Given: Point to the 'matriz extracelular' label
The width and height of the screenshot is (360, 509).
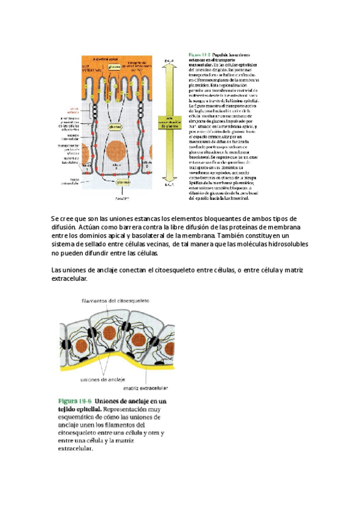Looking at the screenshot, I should pos(148,388).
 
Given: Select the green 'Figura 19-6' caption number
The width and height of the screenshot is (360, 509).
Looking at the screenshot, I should pos(74,401).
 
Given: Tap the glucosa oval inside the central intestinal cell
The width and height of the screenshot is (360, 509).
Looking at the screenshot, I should pos(115,127).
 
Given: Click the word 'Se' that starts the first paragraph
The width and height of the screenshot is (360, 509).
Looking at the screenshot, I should pos(55,218).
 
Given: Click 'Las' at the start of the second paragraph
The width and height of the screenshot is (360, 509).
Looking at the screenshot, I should pos(58,271).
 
